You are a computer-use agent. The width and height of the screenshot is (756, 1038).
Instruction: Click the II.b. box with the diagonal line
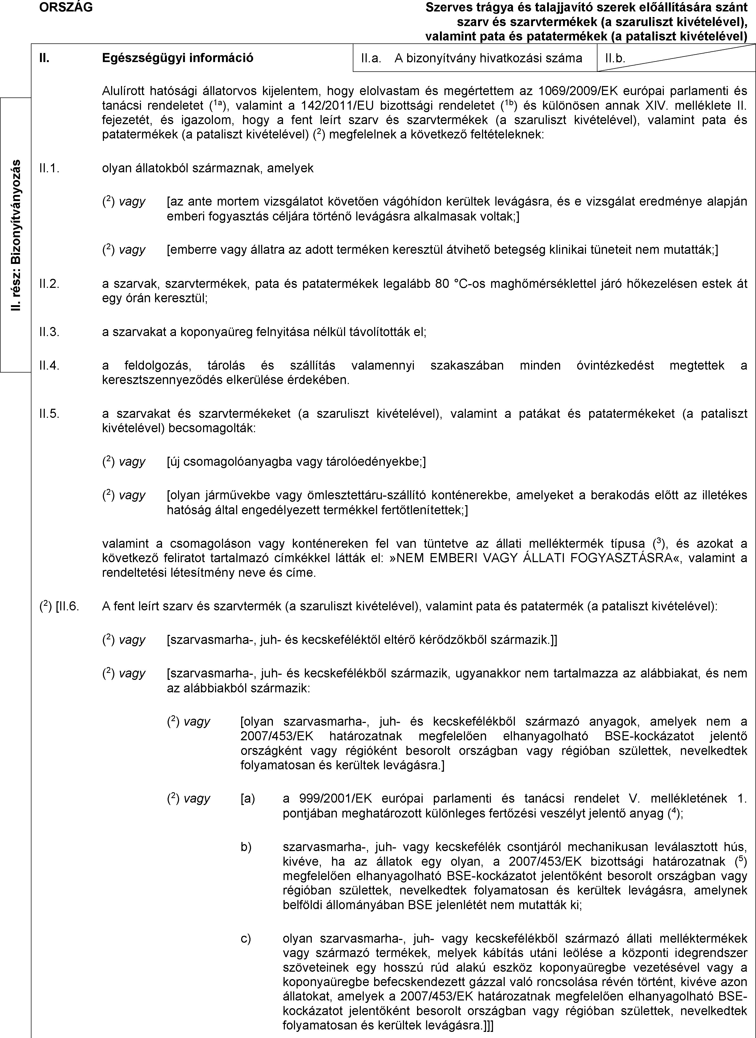point(676,58)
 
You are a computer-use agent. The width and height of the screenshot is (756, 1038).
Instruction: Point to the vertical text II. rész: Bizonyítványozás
point(17,235)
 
